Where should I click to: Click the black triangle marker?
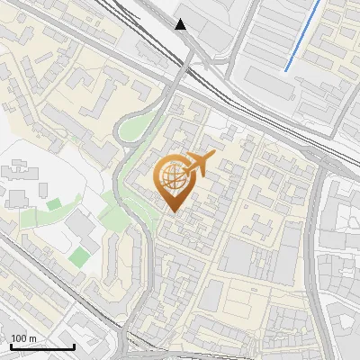tap(181, 23)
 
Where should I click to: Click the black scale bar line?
tap(42, 346)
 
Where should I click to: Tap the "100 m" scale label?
tap(23, 338)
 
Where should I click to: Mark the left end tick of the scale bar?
tap(11, 345)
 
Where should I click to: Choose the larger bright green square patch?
tap(80, 256)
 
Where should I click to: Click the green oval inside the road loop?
tap(133, 129)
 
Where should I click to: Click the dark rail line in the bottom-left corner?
tap(36, 270)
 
